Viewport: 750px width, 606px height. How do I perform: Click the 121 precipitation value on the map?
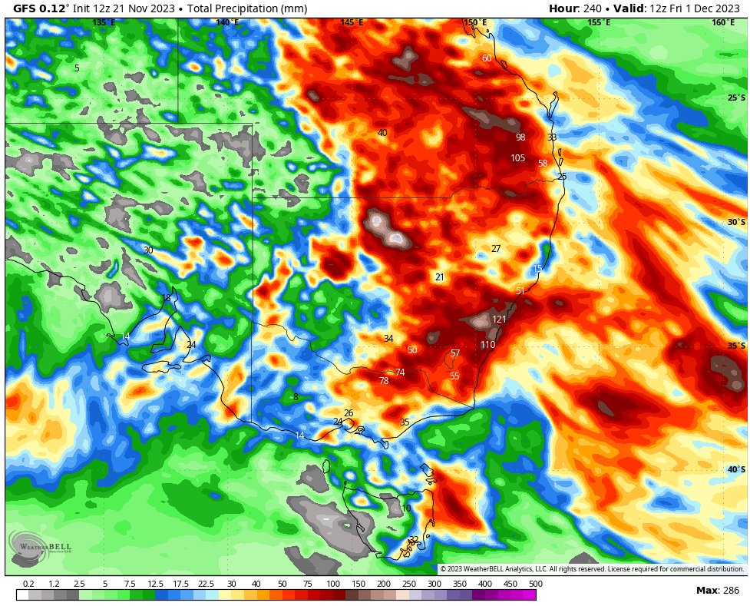coord(499,320)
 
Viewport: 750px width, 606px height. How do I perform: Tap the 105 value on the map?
coord(517,158)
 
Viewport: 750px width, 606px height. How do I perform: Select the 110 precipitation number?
coord(487,345)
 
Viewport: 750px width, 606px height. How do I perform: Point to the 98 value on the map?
coord(520,137)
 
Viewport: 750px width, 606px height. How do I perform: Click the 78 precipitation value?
coord(384,381)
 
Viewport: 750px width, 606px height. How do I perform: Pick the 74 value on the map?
coord(399,373)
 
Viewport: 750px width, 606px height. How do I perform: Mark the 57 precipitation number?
coord(455,353)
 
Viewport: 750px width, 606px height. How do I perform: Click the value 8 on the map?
coord(296,397)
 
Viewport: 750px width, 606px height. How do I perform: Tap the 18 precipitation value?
coord(167,298)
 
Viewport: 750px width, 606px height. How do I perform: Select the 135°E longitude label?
coord(104,23)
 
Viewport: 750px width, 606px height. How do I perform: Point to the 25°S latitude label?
coord(736,98)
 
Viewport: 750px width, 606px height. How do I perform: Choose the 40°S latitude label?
coord(736,470)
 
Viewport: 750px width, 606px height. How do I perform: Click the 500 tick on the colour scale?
coord(536,584)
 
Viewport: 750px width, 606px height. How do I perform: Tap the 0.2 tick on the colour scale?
coord(28,584)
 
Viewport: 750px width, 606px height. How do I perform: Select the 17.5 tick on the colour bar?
coord(180,584)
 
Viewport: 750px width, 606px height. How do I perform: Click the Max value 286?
coord(730,590)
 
